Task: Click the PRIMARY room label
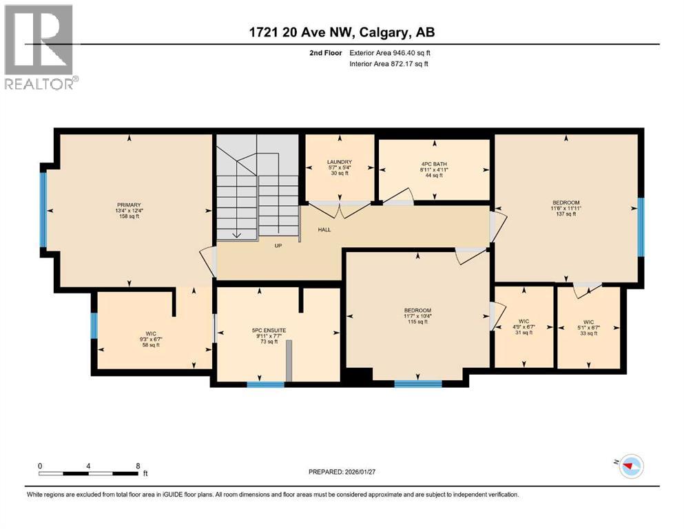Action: [x=129, y=205]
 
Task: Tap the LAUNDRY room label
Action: [x=338, y=163]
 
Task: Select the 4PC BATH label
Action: [x=434, y=163]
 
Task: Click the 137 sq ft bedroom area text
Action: [x=565, y=214]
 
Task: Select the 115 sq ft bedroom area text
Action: [x=417, y=322]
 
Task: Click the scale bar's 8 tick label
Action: [x=138, y=466]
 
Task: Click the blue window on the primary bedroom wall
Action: [x=43, y=209]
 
